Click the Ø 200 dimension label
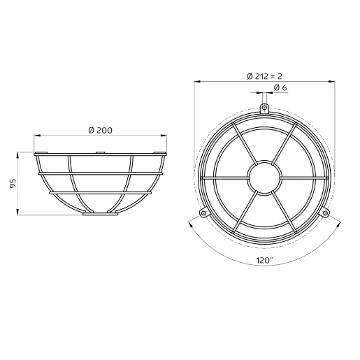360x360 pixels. pos(100,130)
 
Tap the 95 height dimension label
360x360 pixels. pos(13,183)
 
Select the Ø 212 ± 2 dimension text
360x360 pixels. pos(264,76)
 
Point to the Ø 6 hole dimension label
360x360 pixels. pos(280,88)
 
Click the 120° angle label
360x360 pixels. pos(264,260)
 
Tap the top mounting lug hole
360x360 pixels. pos(264,108)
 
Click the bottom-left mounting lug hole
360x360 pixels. pos(203,213)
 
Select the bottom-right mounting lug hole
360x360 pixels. pos(325,213)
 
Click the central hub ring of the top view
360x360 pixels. pos(264,161)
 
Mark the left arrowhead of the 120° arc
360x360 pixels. pos(190,224)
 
